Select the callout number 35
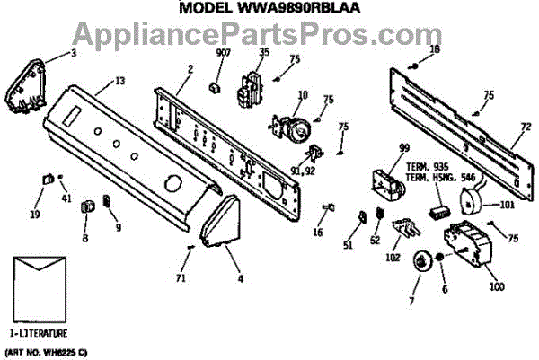[x=263, y=53]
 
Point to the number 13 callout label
[x=119, y=83]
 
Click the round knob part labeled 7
[x=420, y=263]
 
